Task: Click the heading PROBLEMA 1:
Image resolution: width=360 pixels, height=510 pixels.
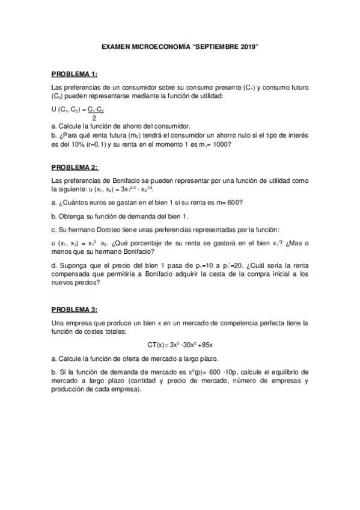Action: click(74, 74)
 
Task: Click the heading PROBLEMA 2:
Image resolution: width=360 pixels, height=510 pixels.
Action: click(75, 167)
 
